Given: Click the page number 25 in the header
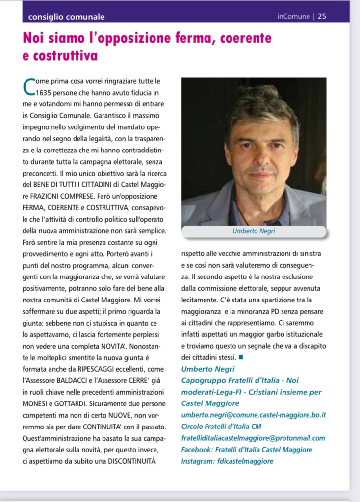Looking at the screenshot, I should pos(322,16).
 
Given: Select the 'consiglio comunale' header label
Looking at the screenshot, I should pos(67,17).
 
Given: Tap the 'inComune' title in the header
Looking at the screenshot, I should pos(293,16).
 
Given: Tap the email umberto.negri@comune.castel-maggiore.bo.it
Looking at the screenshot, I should pos(254,415).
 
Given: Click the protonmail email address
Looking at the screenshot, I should pos(253,438).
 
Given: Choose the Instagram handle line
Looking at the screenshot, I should pos(227,461).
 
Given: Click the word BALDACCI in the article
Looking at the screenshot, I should pos(75,381).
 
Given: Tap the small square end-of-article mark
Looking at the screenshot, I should pos(241,356).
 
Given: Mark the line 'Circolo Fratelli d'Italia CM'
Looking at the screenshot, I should pos(221,426).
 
